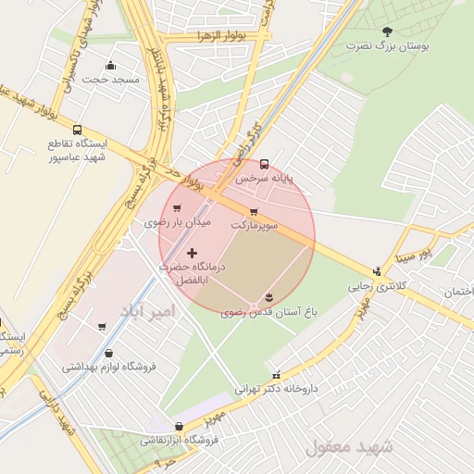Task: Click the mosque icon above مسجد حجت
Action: (x=111, y=65)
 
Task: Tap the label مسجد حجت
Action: (x=110, y=80)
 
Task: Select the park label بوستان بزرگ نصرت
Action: (x=385, y=44)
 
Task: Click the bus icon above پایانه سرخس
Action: (x=265, y=163)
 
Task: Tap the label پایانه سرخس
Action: (x=263, y=177)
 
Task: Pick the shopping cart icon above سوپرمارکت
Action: (x=254, y=212)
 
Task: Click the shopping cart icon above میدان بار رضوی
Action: (x=177, y=208)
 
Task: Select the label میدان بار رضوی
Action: (x=179, y=223)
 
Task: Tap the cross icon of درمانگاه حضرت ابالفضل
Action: (x=192, y=253)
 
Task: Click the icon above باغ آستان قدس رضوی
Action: (x=268, y=296)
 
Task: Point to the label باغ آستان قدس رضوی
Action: (x=269, y=313)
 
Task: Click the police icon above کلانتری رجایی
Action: (x=377, y=271)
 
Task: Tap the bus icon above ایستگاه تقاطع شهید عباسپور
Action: (x=77, y=131)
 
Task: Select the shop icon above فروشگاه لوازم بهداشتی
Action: (x=109, y=353)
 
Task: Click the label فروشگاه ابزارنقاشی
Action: (x=179, y=440)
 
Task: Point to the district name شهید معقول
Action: (x=349, y=447)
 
